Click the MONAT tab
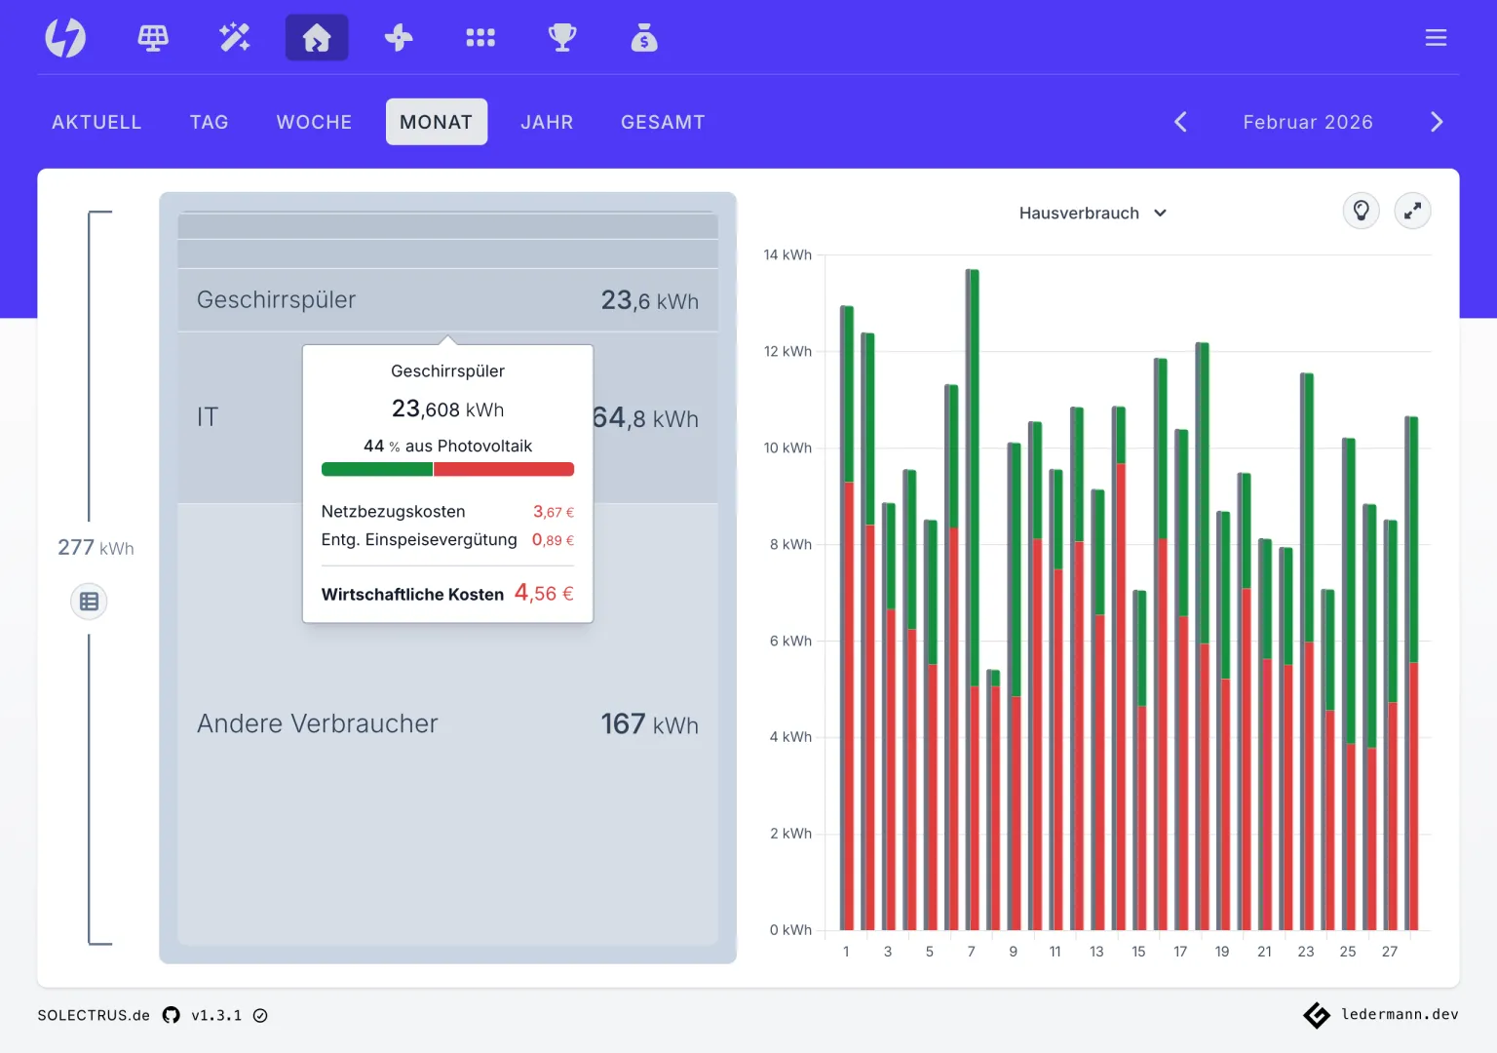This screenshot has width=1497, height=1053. coord(437,122)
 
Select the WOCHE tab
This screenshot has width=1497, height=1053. coord(314,122)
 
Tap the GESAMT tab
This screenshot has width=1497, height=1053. coord(663,122)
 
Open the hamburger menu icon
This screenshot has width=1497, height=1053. coord(1436,37)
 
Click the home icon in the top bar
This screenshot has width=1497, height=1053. coord(317,37)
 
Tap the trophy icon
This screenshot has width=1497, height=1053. coord(562,37)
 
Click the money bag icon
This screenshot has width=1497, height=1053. coord(644,37)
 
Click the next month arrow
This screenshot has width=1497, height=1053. coord(1437,122)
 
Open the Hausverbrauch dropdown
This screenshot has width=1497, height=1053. coord(1093,213)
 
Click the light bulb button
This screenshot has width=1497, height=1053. coord(1361,212)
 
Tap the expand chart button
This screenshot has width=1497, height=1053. coord(1412,212)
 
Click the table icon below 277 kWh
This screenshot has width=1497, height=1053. coord(89,601)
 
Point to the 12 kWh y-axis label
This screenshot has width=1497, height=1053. coord(787,351)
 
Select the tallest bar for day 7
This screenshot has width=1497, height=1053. coord(973,599)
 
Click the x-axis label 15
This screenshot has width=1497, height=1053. coord(1138,952)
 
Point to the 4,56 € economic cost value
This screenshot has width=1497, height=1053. coord(544,593)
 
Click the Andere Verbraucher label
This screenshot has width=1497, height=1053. coord(318,723)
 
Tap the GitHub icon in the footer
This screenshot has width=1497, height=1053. coord(172,1015)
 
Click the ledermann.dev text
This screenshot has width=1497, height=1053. coord(1400,1014)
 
